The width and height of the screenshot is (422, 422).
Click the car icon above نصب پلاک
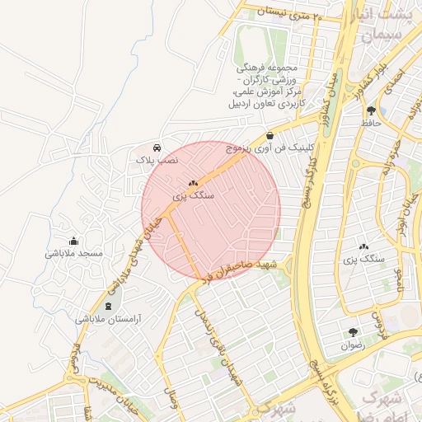click(157, 148)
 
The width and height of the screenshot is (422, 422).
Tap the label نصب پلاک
click(157, 161)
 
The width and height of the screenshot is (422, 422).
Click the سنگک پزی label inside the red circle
click(194, 197)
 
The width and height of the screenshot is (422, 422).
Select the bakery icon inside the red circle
click(194, 183)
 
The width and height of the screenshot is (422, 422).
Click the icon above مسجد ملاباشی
click(74, 241)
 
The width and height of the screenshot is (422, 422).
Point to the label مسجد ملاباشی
click(74, 254)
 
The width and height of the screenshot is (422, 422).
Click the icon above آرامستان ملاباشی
click(109, 306)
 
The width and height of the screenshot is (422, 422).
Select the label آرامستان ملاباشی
click(109, 319)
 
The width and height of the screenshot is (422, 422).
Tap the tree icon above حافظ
click(371, 109)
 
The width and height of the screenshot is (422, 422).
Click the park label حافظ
click(370, 122)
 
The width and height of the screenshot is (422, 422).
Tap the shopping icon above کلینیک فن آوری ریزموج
click(270, 135)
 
